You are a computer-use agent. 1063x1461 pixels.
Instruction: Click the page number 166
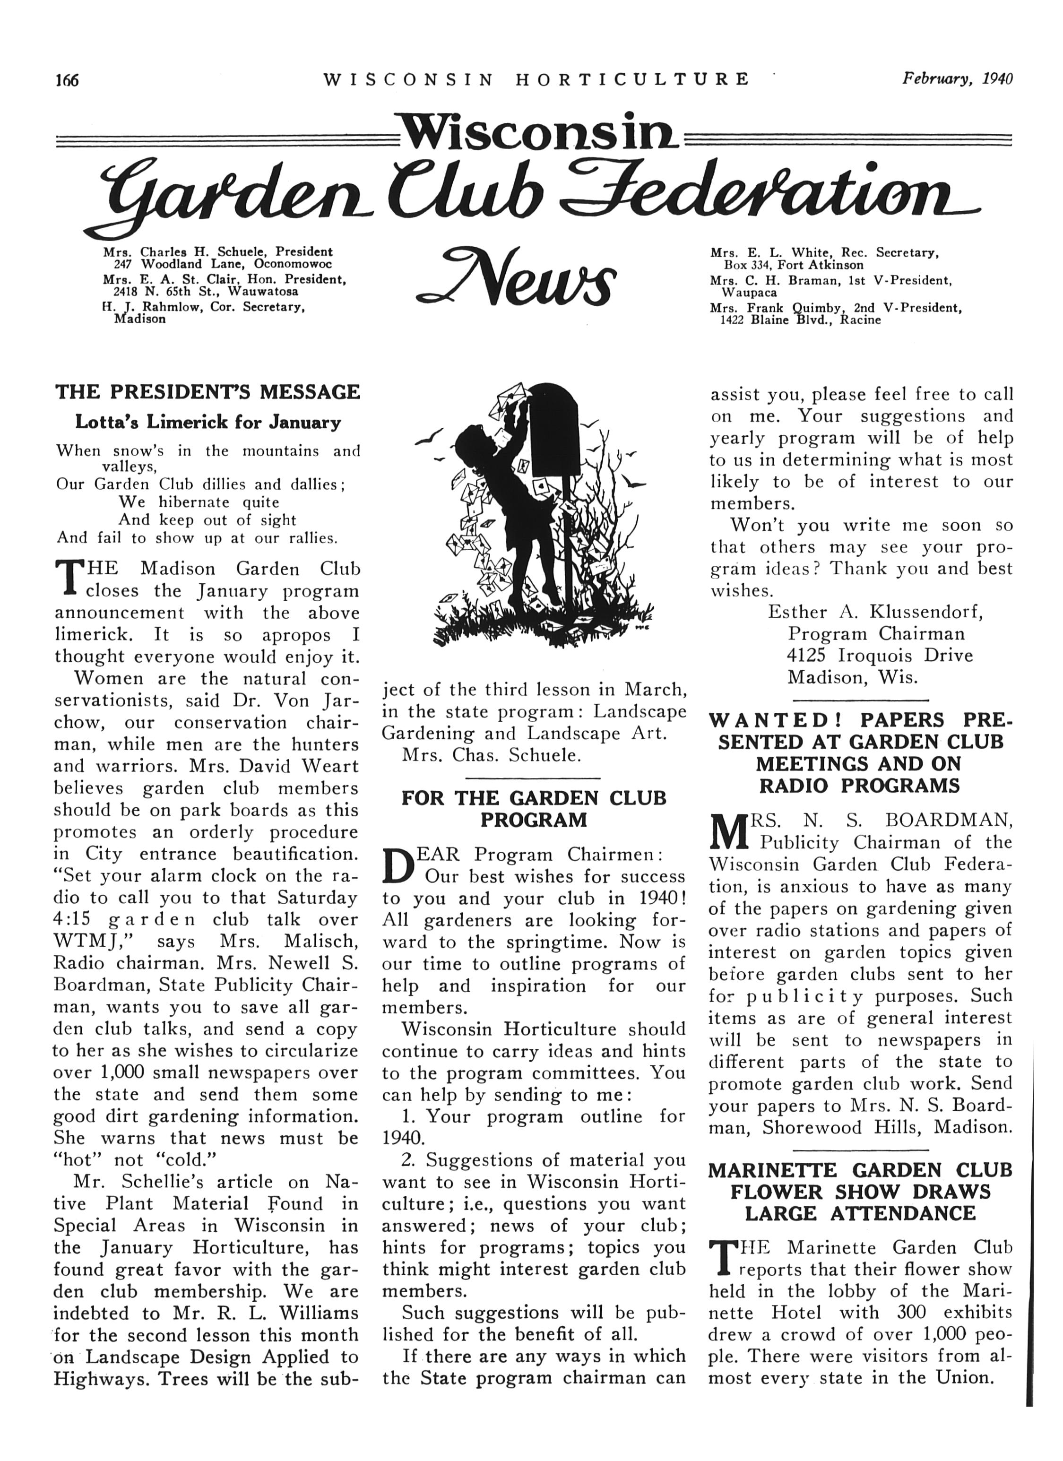66,80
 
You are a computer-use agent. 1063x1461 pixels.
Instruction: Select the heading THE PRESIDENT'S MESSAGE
207,392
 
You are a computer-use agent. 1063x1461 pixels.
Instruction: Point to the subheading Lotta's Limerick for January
207,423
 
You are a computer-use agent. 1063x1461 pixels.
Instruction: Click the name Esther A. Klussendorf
875,612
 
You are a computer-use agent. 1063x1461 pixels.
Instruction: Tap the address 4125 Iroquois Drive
880,656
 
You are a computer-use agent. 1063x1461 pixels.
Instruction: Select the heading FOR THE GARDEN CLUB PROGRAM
534,809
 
